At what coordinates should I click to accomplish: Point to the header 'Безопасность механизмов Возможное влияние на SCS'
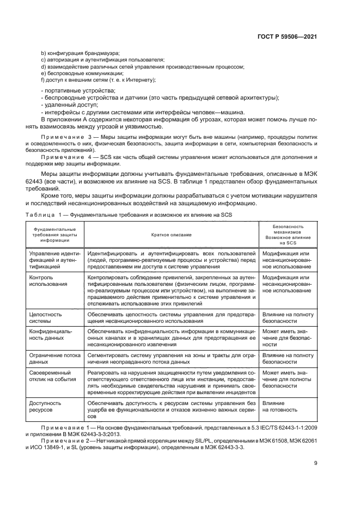click(288, 235)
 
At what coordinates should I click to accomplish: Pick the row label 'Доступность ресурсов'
click(45, 407)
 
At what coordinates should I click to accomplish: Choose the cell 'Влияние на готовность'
click(280, 407)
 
